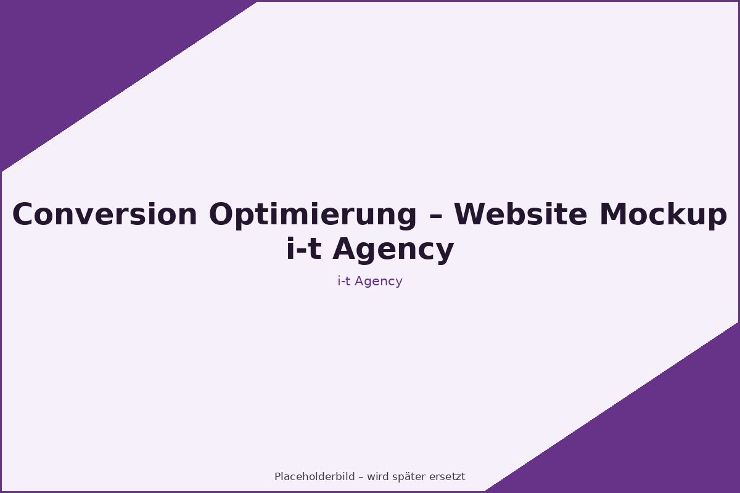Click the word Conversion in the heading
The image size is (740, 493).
[105, 215]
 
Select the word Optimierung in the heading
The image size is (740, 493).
[313, 215]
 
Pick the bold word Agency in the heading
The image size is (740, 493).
[393, 250]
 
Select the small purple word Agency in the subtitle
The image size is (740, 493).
[379, 282]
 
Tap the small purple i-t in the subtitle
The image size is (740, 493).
[344, 281]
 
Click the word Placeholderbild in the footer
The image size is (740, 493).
[314, 477]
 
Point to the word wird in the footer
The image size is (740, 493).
[377, 477]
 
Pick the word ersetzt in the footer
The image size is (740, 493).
[448, 477]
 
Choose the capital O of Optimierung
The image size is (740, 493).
[221, 215]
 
